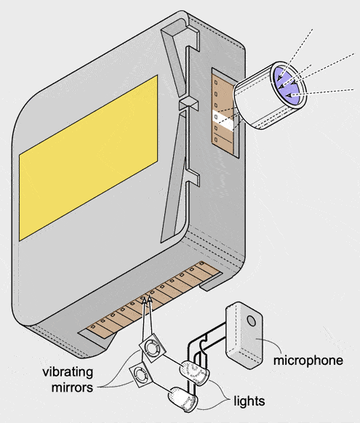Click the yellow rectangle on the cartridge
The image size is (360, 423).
[89, 158]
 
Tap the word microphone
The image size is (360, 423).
[308, 360]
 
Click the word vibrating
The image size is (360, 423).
[68, 373]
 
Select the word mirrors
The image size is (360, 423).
[72, 387]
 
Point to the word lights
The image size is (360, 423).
[249, 401]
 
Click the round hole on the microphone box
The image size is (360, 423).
[252, 321]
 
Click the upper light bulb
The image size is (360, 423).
[194, 373]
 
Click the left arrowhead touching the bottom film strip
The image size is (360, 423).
[144, 299]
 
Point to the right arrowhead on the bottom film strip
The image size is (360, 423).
[150, 299]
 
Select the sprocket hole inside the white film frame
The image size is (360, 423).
[216, 116]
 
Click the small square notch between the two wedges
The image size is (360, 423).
[189, 104]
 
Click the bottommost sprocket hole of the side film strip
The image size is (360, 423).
[216, 140]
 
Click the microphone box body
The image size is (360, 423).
[244, 335]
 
